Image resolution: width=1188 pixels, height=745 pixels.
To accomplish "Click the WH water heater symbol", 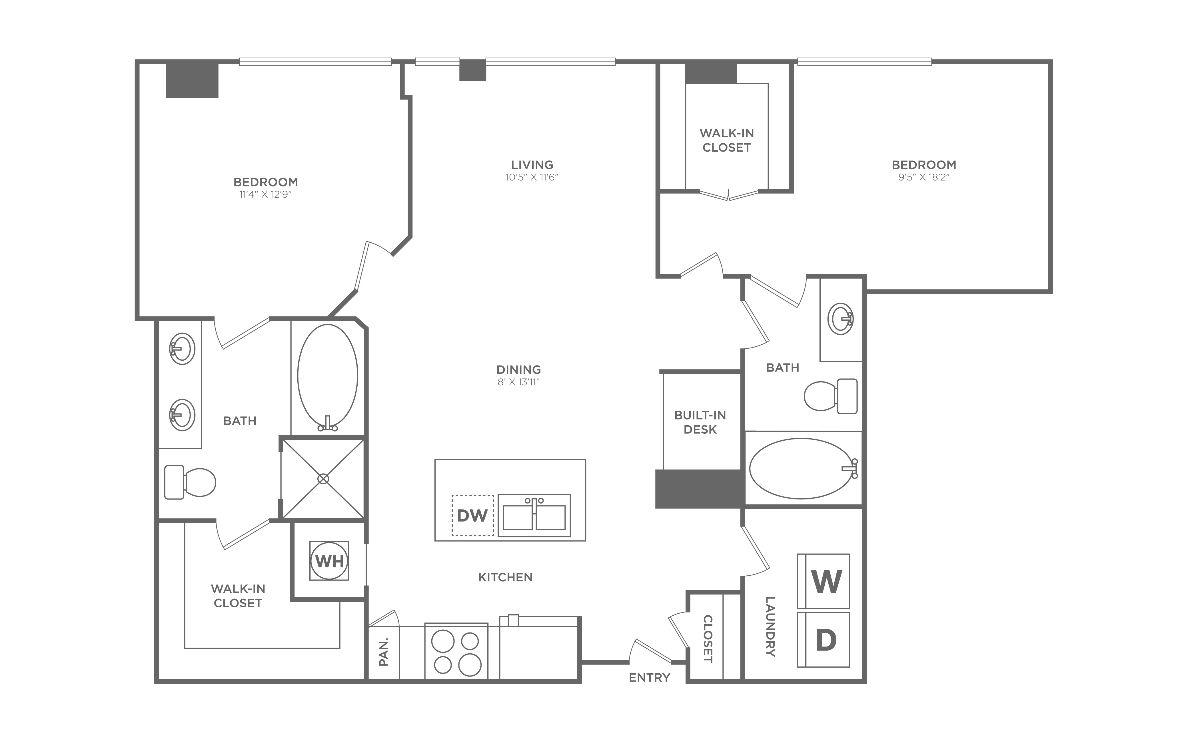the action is coord(329,561).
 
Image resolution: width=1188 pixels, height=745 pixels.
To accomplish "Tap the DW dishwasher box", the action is coord(472,515).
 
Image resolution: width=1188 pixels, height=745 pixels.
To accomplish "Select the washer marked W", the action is coord(823,581).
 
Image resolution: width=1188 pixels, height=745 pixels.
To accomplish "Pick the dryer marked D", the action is coord(823,640).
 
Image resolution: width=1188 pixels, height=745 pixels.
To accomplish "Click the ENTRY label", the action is coord(650,678).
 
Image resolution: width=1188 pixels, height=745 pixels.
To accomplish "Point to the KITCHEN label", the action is coord(506,577).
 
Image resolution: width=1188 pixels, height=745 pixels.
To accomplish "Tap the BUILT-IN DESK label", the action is coord(700,422).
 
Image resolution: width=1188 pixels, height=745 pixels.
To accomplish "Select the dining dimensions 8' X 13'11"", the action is coord(519,382).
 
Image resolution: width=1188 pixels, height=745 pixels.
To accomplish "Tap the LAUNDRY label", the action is coord(770,627).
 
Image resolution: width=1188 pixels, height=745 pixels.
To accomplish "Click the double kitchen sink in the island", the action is coord(534,515).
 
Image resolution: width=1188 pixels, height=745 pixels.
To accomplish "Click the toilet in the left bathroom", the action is coord(190,482).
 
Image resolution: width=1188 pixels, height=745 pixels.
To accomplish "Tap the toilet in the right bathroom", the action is coord(831,396).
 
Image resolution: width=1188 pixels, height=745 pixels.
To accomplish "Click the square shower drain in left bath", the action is coord(323,478).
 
